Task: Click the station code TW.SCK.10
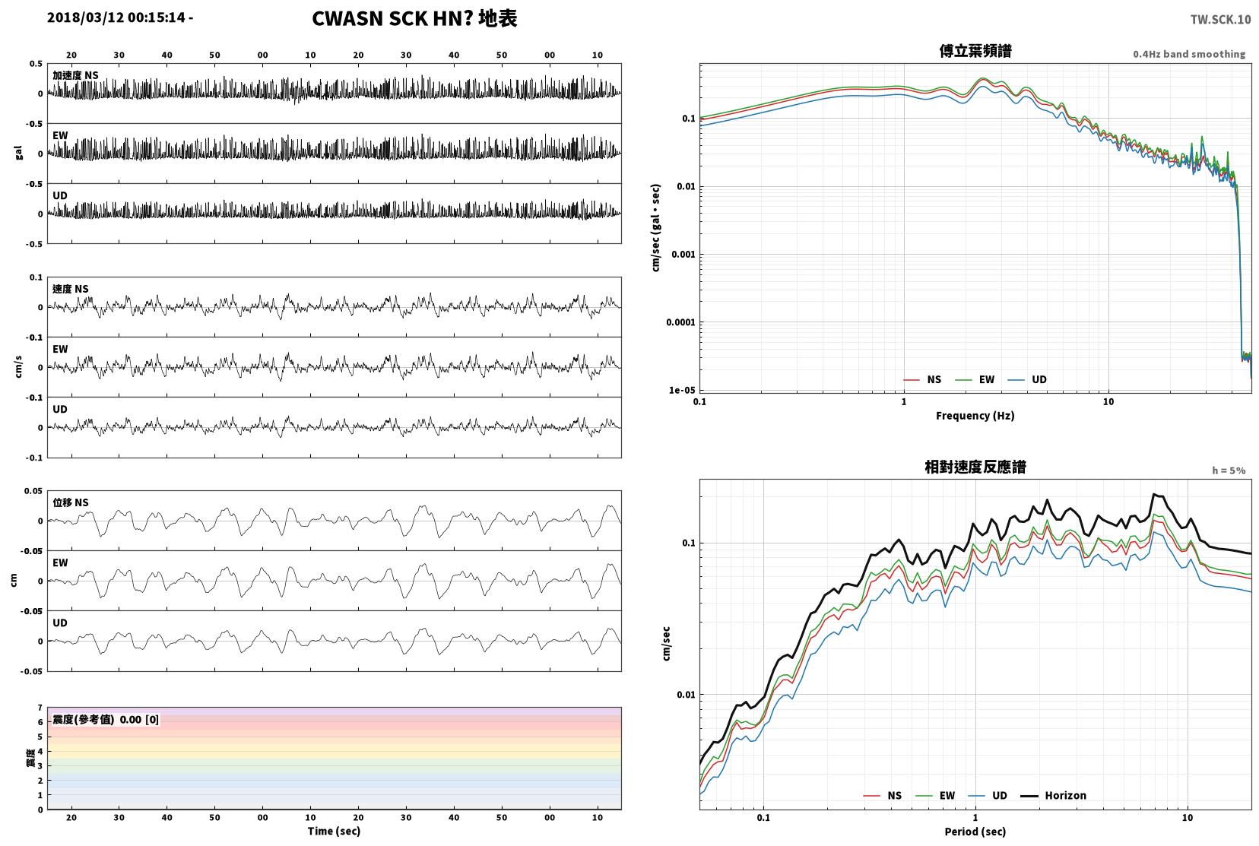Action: (x=1220, y=20)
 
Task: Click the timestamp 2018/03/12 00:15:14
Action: (x=116, y=17)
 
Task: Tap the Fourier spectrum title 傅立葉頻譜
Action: (x=975, y=51)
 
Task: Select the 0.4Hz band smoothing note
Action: (x=1189, y=55)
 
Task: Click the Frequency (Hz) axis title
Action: (x=975, y=416)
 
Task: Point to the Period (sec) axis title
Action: (x=975, y=832)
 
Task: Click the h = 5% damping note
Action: (x=1229, y=471)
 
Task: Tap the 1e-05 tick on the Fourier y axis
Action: (x=682, y=390)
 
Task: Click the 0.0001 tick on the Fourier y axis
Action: (x=680, y=322)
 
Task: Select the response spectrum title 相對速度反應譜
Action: (x=975, y=467)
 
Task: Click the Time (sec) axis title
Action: (x=334, y=831)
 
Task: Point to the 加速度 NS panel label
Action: (x=75, y=75)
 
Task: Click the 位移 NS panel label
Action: (x=70, y=502)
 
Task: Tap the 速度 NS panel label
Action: (x=70, y=289)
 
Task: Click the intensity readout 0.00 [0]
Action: (x=139, y=720)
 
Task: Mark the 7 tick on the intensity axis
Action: (x=40, y=708)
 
